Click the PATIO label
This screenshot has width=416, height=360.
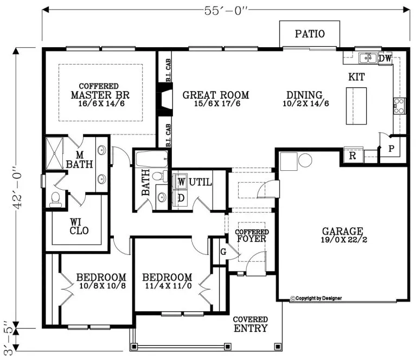(310, 34)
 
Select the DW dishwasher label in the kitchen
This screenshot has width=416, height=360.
(385, 58)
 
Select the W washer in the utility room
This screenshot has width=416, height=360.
(181, 181)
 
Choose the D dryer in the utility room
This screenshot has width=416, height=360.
(181, 198)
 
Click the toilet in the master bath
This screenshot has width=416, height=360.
(55, 199)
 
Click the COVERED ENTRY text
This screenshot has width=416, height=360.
(250, 324)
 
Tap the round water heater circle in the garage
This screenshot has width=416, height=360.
(304, 160)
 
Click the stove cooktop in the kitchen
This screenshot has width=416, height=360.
(400, 105)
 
